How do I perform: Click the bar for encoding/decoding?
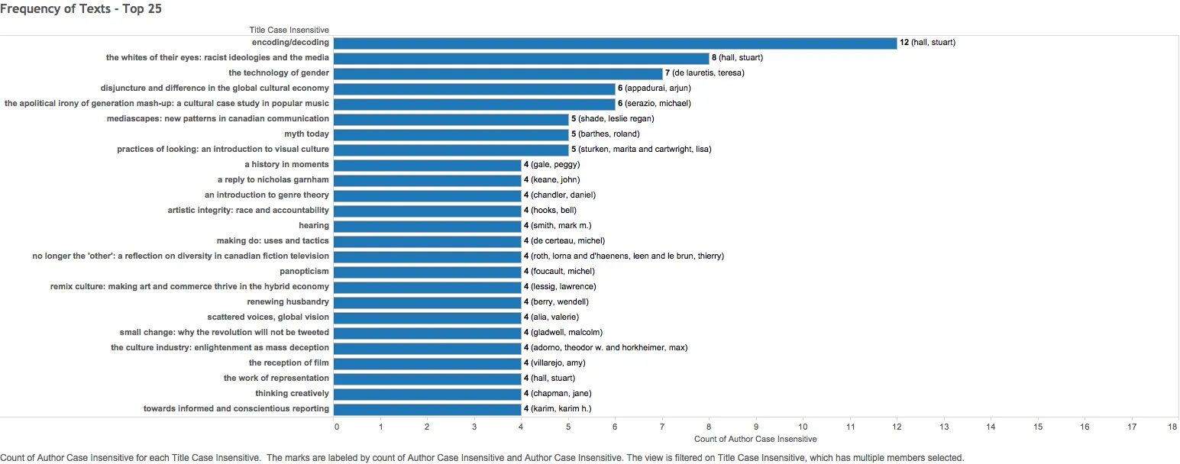[615, 43]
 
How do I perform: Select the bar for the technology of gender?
[498, 73]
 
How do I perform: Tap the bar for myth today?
[451, 134]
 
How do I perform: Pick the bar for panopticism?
[427, 272]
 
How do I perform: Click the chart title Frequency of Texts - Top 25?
[81, 9]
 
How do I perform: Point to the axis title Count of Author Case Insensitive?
[755, 439]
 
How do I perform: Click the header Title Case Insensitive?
[289, 30]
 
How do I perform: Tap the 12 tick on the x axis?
[897, 427]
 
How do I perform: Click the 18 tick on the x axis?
[1172, 427]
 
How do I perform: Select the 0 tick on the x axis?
[337, 427]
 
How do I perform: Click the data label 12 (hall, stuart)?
[927, 43]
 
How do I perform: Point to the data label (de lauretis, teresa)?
[708, 73]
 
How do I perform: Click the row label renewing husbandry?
[288, 302]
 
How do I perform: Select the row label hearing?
[314, 226]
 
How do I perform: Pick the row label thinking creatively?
[292, 394]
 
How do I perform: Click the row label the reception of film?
[289, 363]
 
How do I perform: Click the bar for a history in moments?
[427, 165]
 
